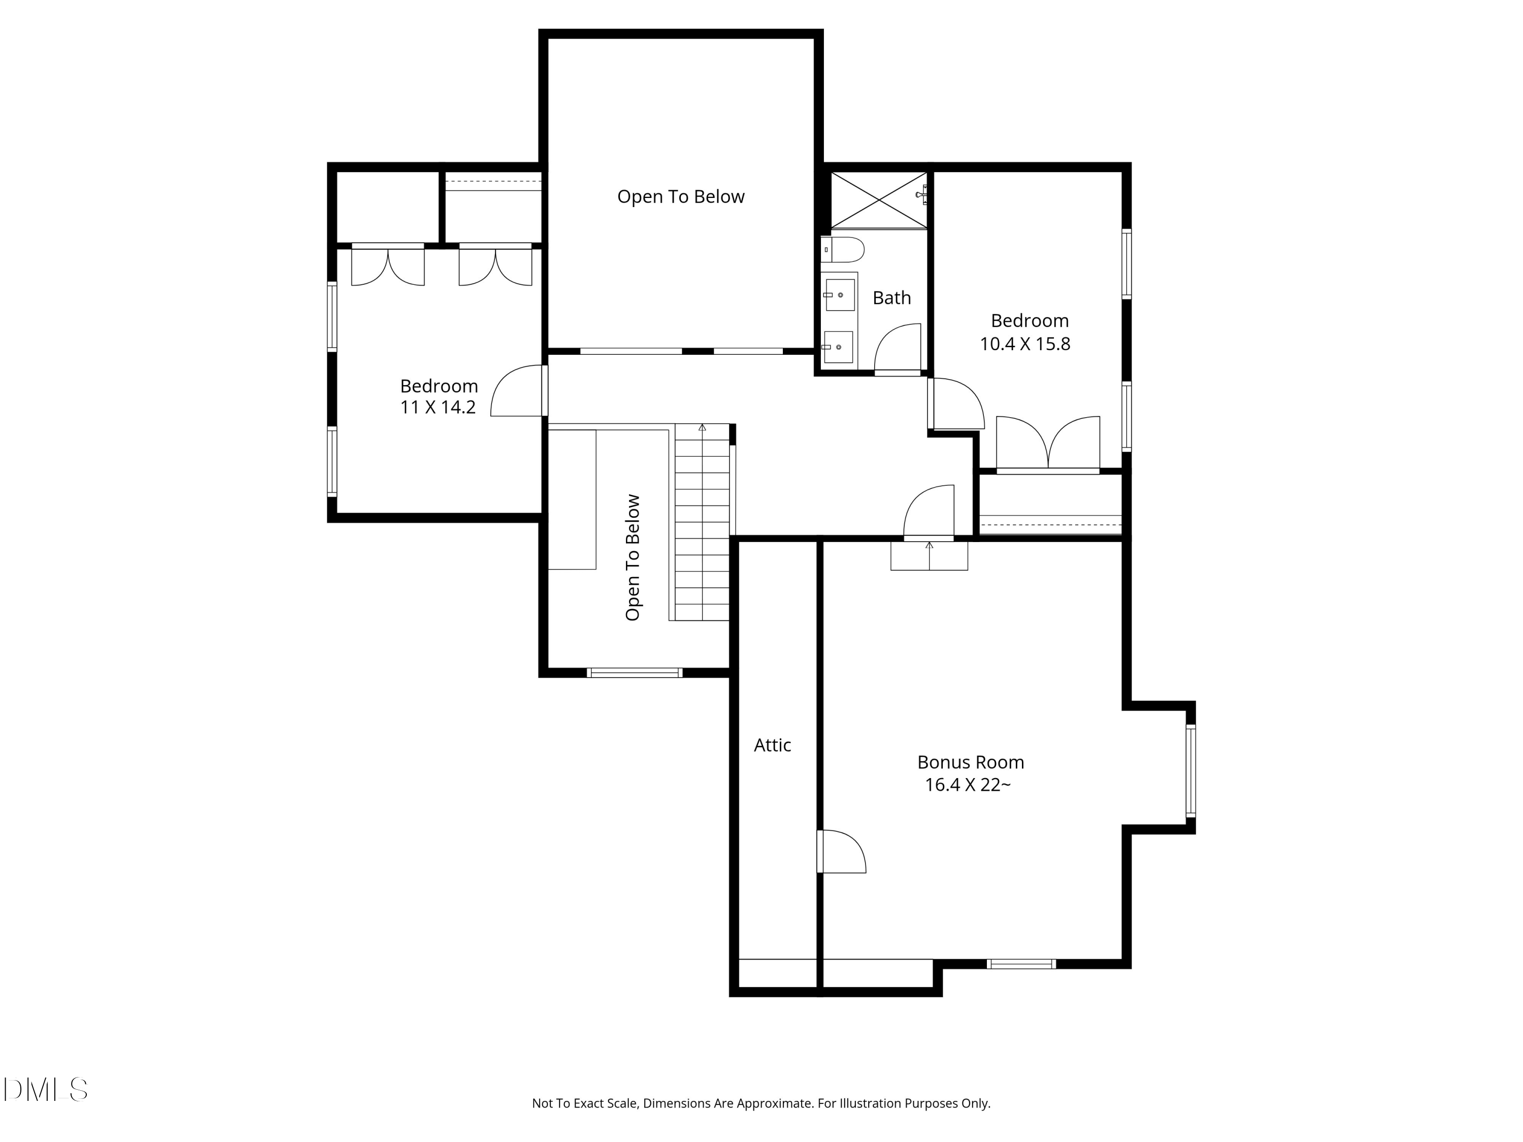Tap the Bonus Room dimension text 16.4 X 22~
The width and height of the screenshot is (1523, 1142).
tap(968, 785)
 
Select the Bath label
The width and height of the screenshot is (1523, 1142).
tap(891, 297)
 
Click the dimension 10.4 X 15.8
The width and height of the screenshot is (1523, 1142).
tap(1024, 344)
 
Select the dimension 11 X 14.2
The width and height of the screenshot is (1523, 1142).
tap(438, 408)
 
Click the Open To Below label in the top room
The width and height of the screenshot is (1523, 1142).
tap(680, 197)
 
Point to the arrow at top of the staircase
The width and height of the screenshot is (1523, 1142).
tap(702, 427)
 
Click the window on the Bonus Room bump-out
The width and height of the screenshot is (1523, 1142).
tap(1190, 770)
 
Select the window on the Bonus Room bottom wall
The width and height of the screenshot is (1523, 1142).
tap(1021, 964)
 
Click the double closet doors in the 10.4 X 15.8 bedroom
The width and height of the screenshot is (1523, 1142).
tap(1047, 443)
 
